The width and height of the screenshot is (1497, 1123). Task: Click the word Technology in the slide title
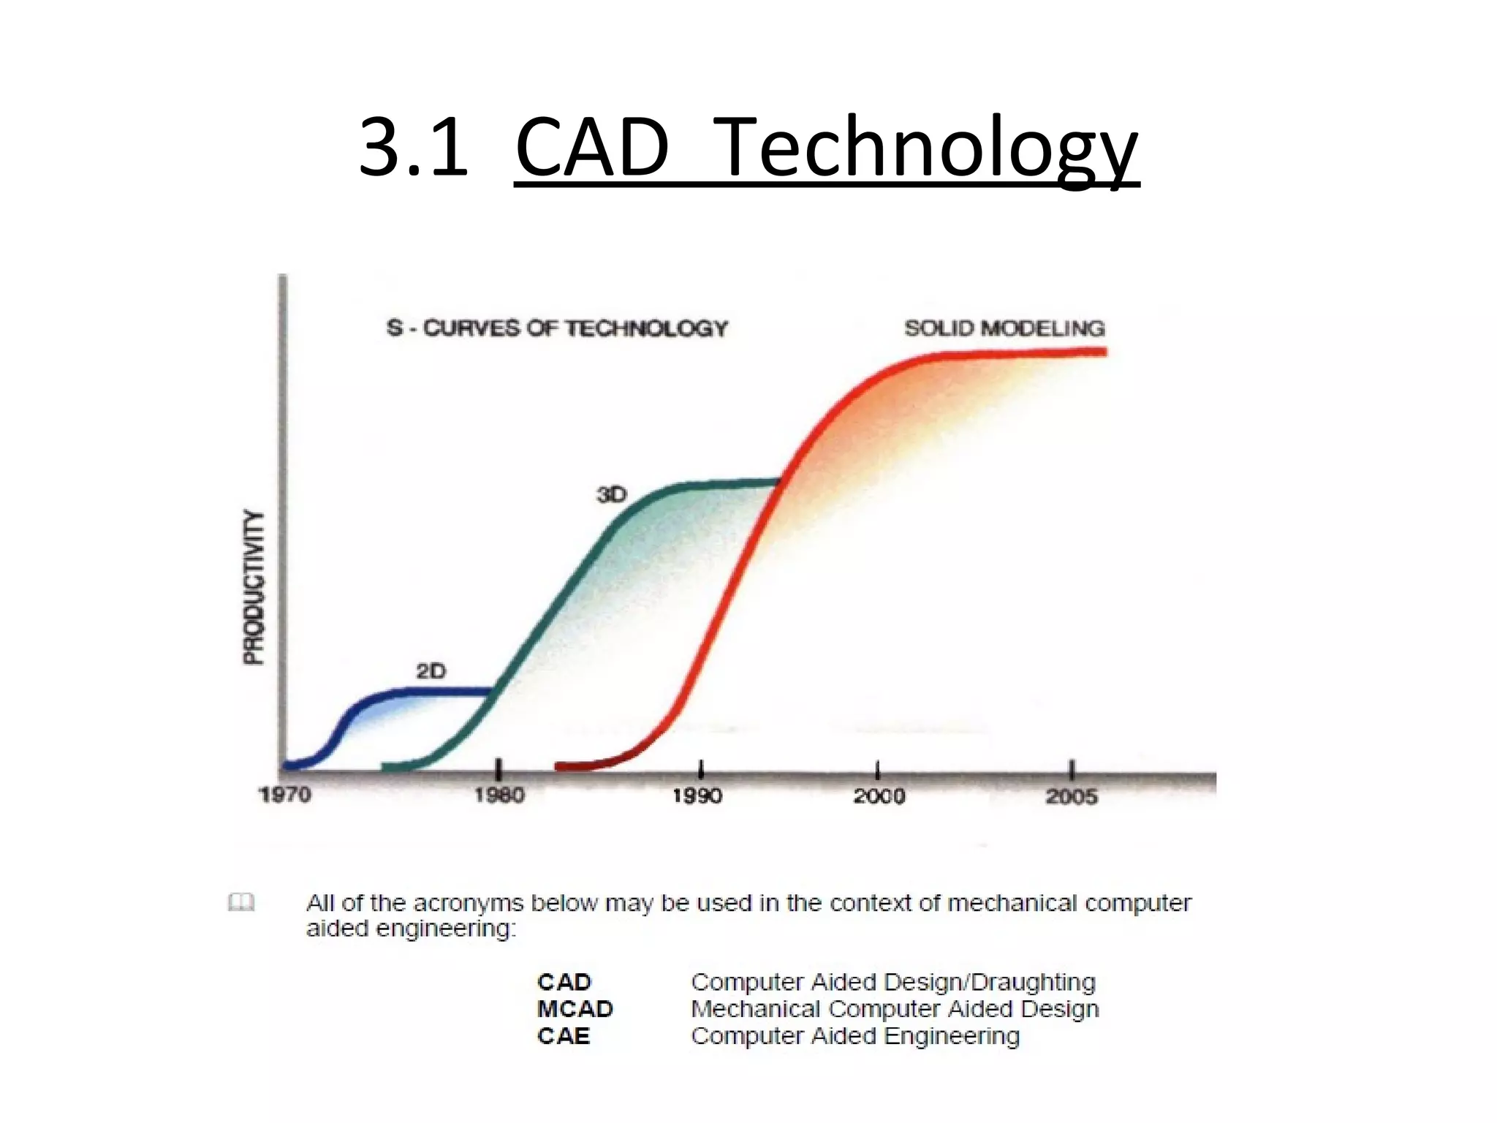(925, 148)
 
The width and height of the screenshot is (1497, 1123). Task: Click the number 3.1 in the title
(413, 148)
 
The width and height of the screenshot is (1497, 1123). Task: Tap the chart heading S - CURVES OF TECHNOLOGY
(557, 328)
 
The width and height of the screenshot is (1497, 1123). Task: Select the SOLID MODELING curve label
(1004, 328)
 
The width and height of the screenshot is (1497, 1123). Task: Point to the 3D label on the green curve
(612, 495)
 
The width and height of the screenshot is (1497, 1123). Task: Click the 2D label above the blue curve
(431, 670)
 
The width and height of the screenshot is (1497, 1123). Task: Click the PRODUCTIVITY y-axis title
(254, 587)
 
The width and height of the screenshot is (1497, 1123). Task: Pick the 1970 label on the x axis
(285, 795)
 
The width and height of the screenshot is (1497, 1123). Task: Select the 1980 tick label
(499, 795)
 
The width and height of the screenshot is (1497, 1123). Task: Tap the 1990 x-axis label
(697, 795)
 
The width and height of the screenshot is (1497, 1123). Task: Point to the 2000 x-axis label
(879, 795)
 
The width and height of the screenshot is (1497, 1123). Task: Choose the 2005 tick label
(1072, 796)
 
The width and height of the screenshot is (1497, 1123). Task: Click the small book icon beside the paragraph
(241, 902)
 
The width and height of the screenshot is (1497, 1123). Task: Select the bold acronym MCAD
(575, 1009)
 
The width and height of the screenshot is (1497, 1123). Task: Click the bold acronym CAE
(563, 1036)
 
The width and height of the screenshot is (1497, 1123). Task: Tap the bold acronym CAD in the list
(564, 982)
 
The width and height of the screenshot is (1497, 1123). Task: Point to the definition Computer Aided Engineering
(854, 1036)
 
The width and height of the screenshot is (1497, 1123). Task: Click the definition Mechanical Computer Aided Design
(894, 1009)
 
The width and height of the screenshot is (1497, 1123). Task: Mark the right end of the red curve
(1104, 352)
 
